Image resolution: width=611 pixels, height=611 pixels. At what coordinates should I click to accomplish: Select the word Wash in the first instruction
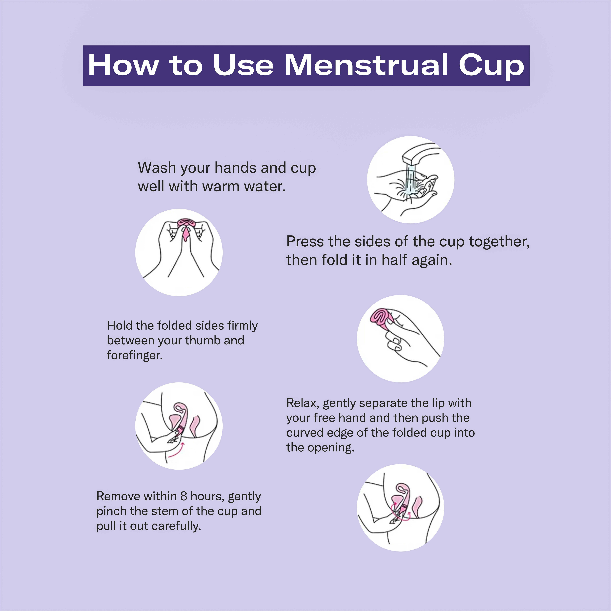[x=157, y=168]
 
